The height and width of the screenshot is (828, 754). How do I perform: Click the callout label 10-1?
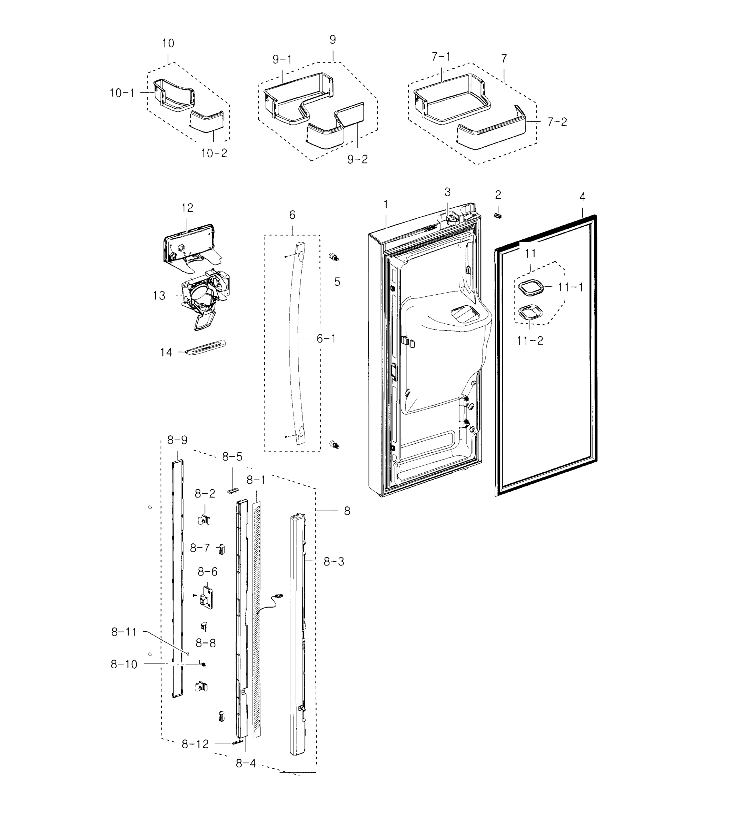click(122, 93)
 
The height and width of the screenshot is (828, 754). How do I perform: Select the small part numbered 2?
click(498, 216)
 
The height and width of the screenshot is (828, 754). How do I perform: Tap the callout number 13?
click(159, 295)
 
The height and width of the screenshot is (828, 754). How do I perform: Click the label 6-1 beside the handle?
click(326, 338)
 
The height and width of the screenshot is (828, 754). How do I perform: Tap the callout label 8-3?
click(334, 561)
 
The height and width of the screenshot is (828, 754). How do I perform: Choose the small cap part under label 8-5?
click(232, 491)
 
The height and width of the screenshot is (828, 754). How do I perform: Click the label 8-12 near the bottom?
click(195, 744)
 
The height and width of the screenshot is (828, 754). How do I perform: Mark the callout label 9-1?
click(282, 60)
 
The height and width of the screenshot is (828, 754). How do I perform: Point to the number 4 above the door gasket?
click(582, 197)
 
